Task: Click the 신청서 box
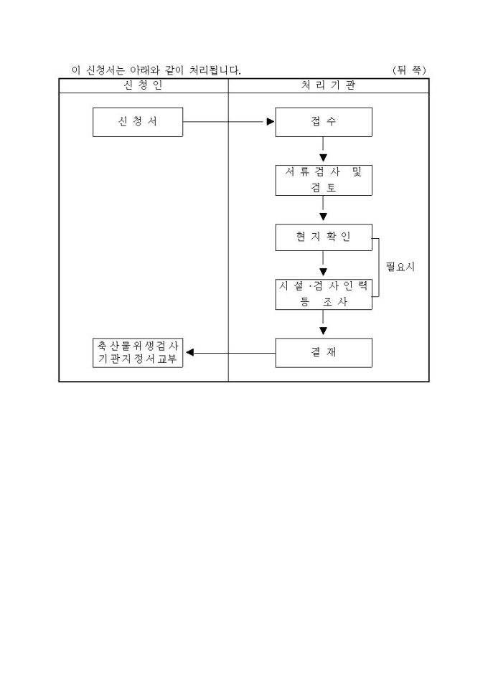pos(138,122)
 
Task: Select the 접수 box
pos(324,122)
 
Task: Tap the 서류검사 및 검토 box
pos(324,180)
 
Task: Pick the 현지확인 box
pos(324,237)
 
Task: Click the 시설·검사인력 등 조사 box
pos(324,295)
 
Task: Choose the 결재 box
pos(324,352)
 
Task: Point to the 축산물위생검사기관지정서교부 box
pos(138,352)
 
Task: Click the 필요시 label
pos(400,267)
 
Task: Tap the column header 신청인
pos(143,85)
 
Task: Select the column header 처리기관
pos(328,85)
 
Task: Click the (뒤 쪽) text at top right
pos(410,70)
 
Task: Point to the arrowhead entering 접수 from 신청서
pos(271,122)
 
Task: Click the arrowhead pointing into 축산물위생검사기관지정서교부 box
pos(189,352)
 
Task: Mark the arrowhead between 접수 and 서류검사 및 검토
pos(324,158)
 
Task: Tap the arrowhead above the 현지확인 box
pos(324,216)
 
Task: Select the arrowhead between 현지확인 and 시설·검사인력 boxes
pos(324,273)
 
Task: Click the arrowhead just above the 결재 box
pos(324,331)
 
